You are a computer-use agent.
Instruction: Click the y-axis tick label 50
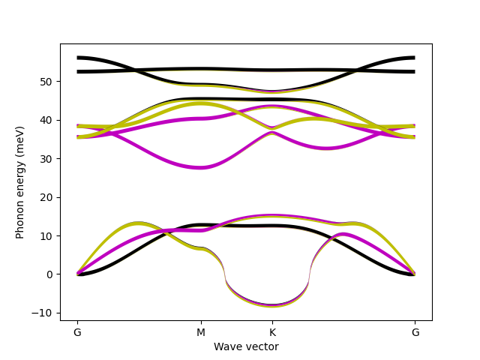pos(46,81)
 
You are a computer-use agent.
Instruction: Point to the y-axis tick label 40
pos(46,120)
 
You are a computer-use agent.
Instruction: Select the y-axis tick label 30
pos(46,159)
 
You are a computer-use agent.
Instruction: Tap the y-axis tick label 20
pos(46,197)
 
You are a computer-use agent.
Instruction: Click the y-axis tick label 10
pos(46,236)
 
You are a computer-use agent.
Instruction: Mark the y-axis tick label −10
pos(43,313)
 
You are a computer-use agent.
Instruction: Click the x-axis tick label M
pos(200,332)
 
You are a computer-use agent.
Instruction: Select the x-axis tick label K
pos(272,332)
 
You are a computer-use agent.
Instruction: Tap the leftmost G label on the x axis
pos(77,332)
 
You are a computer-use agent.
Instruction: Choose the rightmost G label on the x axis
pos(415,332)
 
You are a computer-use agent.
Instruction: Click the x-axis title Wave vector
pos(246,346)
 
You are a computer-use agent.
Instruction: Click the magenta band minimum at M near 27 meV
pos(200,167)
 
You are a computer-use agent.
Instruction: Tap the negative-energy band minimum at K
pos(272,305)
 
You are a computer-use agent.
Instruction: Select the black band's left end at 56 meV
pos(78,58)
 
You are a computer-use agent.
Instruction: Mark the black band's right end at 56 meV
pos(414,58)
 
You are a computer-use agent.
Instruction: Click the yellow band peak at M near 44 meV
pos(200,104)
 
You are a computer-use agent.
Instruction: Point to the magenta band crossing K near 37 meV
pos(272,133)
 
